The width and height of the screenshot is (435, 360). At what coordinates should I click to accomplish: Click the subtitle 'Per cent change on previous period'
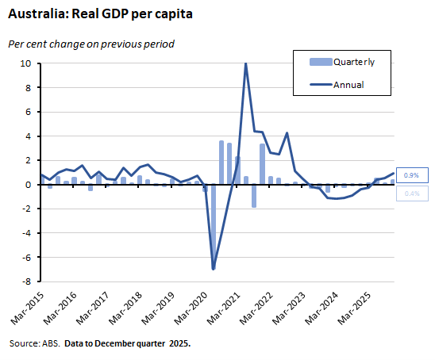point(90,44)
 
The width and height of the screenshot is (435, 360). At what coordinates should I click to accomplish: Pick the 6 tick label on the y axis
point(28,112)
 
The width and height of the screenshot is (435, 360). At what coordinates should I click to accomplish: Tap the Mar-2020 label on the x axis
point(194,308)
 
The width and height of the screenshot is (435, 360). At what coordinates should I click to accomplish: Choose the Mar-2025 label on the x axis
point(357,308)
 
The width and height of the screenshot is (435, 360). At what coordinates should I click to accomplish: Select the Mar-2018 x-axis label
point(128,308)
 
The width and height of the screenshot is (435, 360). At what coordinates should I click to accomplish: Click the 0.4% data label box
point(412,193)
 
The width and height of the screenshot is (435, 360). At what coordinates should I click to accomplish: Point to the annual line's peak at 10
point(246,63)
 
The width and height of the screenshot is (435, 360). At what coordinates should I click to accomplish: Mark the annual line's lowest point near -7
point(214,269)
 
